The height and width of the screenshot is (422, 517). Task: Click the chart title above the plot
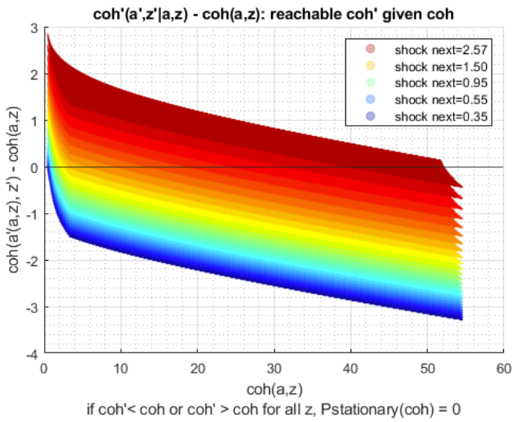pos(274,14)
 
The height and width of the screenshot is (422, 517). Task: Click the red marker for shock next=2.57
pos(371,49)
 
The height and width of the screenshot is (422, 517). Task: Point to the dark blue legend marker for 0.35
pos(371,116)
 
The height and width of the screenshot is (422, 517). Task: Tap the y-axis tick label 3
pos(35,29)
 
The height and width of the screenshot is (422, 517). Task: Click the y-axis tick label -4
pos(32,355)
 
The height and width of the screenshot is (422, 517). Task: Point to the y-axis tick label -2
pos(32,261)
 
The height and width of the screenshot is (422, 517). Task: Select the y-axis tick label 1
pos(35,121)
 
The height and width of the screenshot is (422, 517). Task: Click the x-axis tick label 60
pos(504,369)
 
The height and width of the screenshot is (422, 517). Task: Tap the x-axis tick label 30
pos(274,369)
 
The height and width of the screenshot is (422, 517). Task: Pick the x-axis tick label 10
pos(121,369)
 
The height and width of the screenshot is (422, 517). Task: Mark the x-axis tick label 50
pos(428,369)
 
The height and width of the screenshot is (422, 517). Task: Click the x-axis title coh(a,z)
pos(274,390)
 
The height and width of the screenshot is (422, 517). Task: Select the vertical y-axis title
pos(14,190)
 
